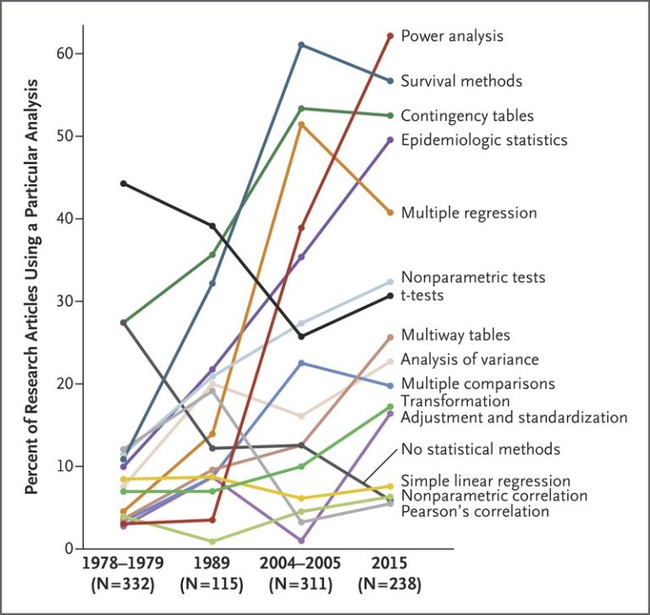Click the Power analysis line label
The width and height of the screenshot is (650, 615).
click(x=452, y=36)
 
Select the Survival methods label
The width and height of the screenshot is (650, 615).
click(x=461, y=81)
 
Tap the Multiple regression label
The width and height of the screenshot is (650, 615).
click(x=469, y=212)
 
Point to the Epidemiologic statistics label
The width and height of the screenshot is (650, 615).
click(x=483, y=140)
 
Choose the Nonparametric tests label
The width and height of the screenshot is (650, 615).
click(x=473, y=277)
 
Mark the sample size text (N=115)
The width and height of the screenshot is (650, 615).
click(x=212, y=583)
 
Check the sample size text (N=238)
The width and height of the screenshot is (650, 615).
click(x=389, y=583)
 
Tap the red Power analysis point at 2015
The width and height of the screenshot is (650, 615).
click(x=390, y=36)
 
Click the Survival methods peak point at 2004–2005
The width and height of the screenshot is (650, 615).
click(x=301, y=45)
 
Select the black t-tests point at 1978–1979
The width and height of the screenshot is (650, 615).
click(x=124, y=184)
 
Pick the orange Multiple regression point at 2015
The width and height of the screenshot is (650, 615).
click(x=390, y=212)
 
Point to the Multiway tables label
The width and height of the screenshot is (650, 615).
click(x=455, y=336)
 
